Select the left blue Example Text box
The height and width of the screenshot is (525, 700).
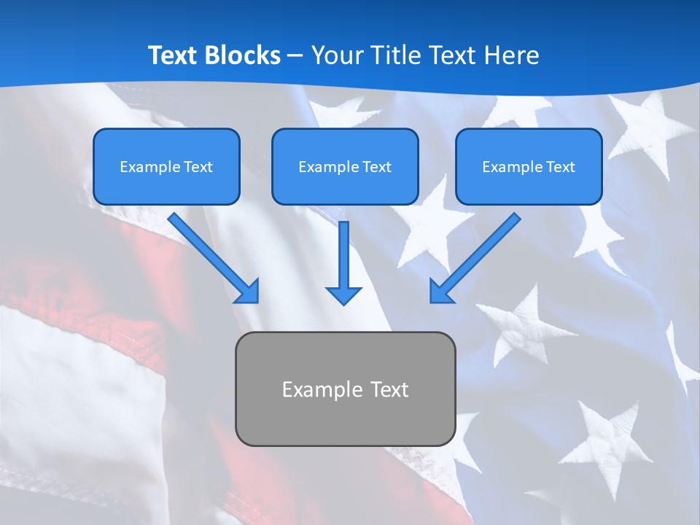coord(166,167)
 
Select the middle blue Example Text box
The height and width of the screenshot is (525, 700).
coord(345,167)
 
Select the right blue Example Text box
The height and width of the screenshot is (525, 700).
coord(529,167)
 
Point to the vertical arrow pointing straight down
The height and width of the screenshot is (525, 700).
coord(343,255)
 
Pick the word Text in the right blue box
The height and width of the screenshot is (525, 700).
coord(560,167)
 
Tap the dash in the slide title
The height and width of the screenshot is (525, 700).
coord(295,55)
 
